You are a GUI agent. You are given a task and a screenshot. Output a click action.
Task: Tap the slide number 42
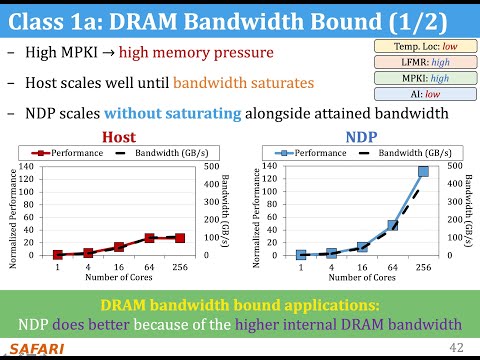tap(457, 346)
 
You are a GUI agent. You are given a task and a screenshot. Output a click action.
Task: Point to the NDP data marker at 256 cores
tap(423, 172)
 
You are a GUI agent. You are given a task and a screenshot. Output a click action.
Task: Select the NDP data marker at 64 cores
tap(393, 226)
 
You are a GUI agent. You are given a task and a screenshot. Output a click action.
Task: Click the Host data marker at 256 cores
tap(179, 238)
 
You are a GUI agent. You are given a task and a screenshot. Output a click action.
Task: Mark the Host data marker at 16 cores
tap(119, 247)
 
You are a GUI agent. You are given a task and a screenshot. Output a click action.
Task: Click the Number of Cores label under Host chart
tap(118, 278)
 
